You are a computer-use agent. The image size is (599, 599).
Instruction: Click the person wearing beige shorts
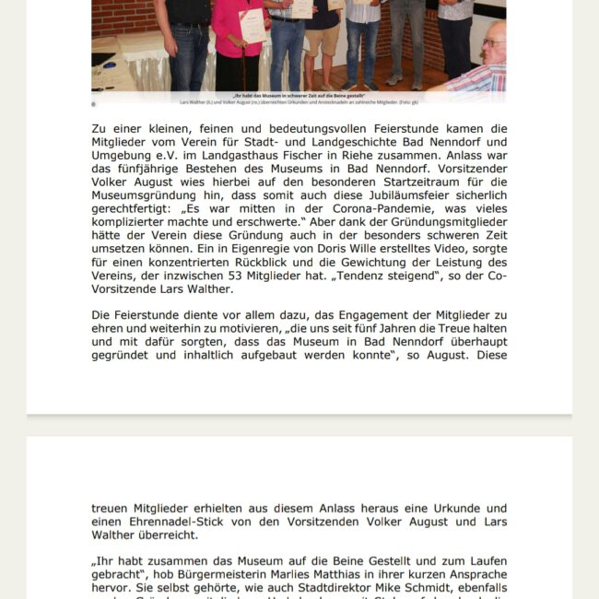(x=323, y=41)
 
